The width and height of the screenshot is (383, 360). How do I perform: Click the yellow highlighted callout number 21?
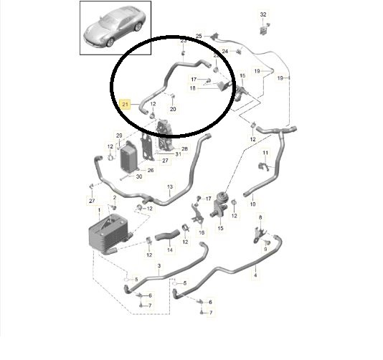[125, 104]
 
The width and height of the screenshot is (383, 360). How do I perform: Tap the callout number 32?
[263, 14]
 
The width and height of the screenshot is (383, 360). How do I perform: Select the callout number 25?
[199, 36]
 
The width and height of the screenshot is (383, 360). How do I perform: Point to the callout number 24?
[225, 52]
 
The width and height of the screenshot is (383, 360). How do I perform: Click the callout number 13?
[170, 187]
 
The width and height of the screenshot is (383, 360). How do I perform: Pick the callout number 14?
[170, 250]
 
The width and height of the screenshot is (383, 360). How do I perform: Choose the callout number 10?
[252, 204]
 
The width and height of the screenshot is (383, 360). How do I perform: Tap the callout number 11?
[265, 153]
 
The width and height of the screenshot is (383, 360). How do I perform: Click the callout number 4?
[255, 275]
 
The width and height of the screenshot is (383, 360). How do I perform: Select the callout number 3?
[159, 266]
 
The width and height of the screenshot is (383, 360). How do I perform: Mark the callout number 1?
[99, 210]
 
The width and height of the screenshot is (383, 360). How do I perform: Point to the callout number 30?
[139, 176]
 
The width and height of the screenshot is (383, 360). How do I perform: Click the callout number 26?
[151, 170]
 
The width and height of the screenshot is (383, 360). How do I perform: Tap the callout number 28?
[184, 148]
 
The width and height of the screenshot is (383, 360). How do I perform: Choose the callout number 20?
[173, 109]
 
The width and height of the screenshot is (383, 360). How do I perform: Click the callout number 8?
[260, 217]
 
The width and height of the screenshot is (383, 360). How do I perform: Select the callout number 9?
[265, 250]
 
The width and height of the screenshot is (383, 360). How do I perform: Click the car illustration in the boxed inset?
[114, 27]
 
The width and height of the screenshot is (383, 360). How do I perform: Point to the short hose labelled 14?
[167, 235]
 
